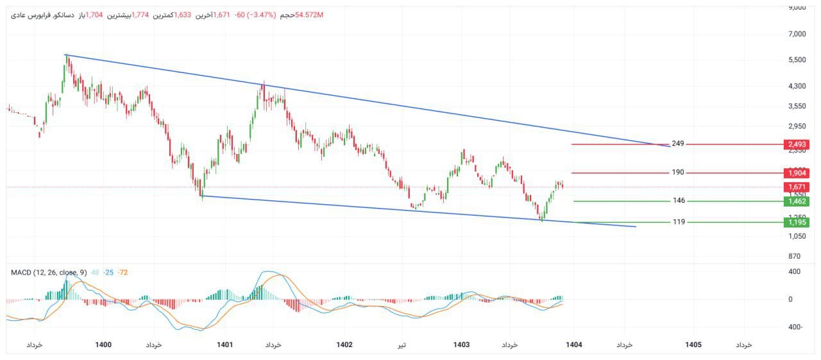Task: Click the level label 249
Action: click(x=678, y=144)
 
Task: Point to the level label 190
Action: click(x=678, y=173)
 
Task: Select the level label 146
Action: click(x=678, y=201)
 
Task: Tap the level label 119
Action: click(x=678, y=222)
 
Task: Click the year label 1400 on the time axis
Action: click(x=103, y=345)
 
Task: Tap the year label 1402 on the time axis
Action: click(x=344, y=345)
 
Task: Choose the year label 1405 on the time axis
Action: click(x=693, y=345)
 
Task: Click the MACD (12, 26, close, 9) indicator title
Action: click(x=49, y=273)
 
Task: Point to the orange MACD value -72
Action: click(x=123, y=273)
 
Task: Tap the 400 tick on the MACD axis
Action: click(x=794, y=272)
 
